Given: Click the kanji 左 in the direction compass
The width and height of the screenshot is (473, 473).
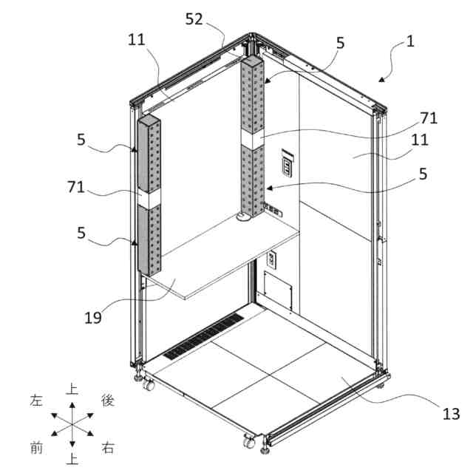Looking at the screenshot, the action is click(37, 400).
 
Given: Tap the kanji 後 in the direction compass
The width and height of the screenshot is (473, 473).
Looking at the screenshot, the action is click(108, 400).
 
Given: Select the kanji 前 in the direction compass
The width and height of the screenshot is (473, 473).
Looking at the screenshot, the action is click(36, 446).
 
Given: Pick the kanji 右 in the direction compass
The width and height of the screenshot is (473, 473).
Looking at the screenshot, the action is click(108, 447).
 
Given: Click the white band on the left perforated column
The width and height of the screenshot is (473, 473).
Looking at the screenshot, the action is click(149, 199).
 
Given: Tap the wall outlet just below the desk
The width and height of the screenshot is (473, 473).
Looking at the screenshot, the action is click(270, 259).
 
